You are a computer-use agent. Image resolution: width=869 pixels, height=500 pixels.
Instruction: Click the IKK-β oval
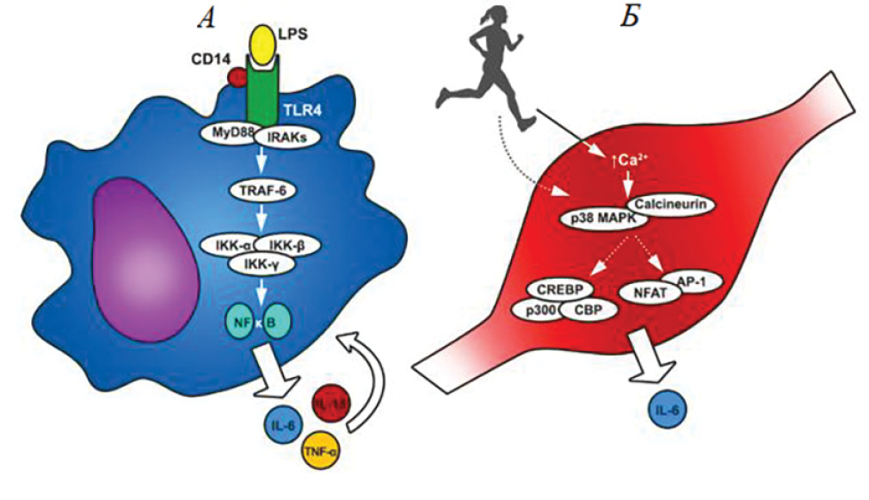tap(289, 246)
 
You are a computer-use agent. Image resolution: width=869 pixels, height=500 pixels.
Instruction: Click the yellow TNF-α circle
tap(321, 448)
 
